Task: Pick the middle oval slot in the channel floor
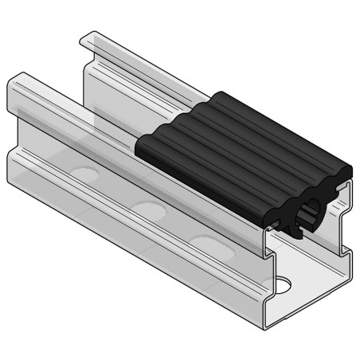tap(147, 209)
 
